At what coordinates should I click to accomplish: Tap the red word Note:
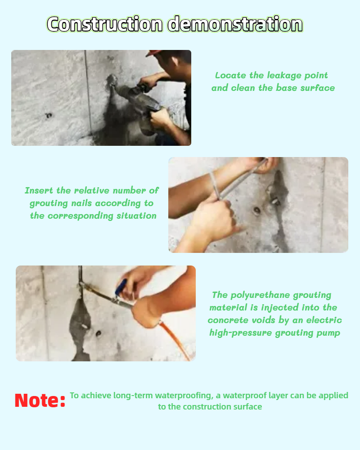[x=40, y=400]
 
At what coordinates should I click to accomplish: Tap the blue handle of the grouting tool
[x=121, y=287]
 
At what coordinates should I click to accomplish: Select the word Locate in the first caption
[x=228, y=75]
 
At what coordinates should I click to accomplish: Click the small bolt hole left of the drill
[x=49, y=116]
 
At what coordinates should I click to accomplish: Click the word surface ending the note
[x=247, y=407]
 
